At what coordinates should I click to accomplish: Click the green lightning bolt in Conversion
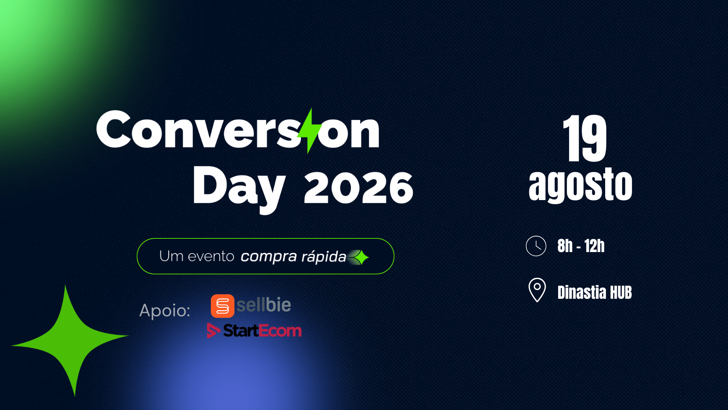[309, 131]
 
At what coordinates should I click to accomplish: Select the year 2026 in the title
[358, 187]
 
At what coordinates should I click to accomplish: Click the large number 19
[585, 138]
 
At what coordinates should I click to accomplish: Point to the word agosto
[581, 185]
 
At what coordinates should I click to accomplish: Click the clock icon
[536, 246]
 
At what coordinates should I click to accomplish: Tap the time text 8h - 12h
[581, 246]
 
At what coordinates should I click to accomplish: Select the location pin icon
[537, 290]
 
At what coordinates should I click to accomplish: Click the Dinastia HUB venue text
[595, 292]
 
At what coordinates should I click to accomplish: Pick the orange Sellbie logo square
[223, 306]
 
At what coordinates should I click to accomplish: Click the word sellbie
[264, 305]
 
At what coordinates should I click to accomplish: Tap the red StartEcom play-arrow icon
[213, 331]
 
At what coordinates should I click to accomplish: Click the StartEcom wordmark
[262, 331]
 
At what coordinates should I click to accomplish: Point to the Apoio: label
[165, 311]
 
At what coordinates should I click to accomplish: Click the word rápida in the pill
[323, 257]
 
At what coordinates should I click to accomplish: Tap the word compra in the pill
[268, 257]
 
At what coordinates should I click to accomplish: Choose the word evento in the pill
[211, 257]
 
